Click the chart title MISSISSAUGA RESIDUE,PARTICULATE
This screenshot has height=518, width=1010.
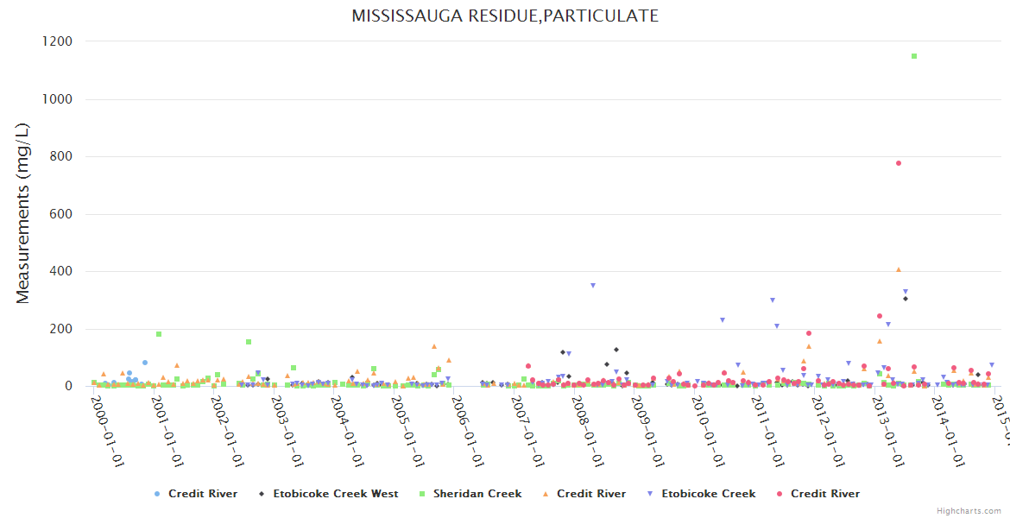pos(505,16)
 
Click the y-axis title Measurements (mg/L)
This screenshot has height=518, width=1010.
pos(23,213)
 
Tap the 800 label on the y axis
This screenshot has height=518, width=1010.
pos(60,157)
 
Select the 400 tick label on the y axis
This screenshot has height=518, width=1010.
pos(60,272)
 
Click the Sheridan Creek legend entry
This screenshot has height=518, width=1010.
pos(477,494)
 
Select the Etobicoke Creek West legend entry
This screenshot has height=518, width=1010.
pos(335,494)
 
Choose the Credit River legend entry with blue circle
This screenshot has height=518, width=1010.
pos(202,494)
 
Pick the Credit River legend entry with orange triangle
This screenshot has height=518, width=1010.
pos(590,494)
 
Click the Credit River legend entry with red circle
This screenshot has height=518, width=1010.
pos(824,494)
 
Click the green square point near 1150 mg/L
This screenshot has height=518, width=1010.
pos(914,56)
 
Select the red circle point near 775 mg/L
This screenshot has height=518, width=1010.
pos(899,163)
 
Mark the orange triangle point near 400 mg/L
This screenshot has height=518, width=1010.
pos(899,270)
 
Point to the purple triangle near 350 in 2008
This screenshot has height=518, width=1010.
pos(593,286)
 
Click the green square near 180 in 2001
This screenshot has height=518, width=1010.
pos(159,334)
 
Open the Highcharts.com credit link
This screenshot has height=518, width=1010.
pos(969,511)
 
